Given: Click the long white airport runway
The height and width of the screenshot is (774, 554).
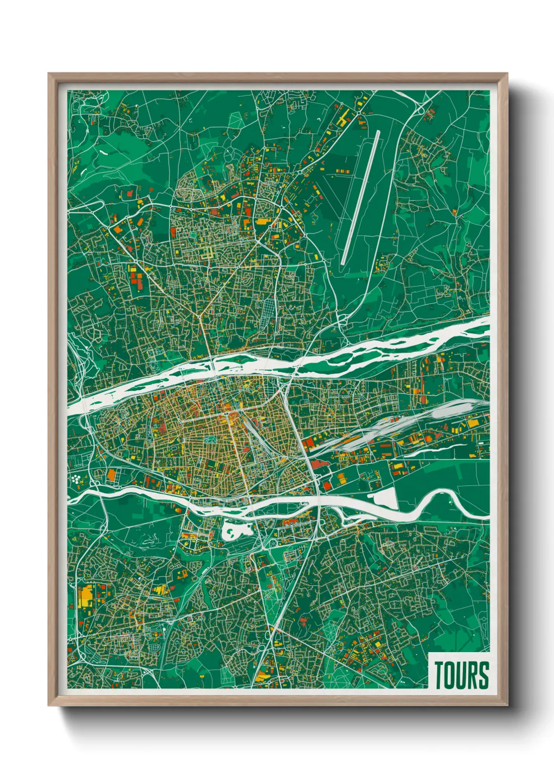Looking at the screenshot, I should (x=360, y=198).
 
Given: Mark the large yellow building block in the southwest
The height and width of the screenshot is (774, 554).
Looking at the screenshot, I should (x=85, y=596).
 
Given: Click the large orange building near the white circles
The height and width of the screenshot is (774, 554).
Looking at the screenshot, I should (x=111, y=475).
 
